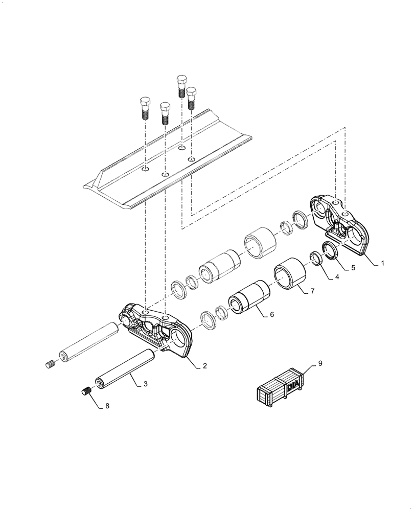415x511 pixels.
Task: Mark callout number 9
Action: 320,364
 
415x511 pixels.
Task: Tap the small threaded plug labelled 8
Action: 86,391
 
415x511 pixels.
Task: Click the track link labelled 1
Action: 340,224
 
